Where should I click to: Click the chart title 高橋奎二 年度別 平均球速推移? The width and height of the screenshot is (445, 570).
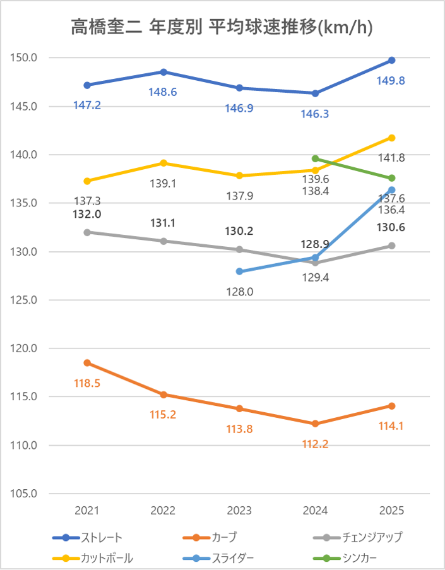221,27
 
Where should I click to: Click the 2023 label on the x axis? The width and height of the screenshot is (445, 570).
239,510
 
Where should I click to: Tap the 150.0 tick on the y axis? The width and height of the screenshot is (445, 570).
25,58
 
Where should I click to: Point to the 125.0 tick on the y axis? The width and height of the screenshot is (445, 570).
25,300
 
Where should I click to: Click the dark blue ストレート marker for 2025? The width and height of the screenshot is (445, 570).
391,60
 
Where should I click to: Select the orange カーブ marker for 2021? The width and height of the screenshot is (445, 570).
87,363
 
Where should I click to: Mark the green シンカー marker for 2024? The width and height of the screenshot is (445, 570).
315,158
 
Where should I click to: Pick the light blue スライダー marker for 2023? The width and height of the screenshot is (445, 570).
239,271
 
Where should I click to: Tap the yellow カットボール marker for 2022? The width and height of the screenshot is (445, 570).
163,163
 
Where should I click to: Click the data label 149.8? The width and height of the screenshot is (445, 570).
391,80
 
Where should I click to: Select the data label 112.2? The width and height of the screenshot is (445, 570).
314,444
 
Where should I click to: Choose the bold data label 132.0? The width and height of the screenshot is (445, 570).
87,214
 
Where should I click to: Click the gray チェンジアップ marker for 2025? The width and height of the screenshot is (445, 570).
391,246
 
